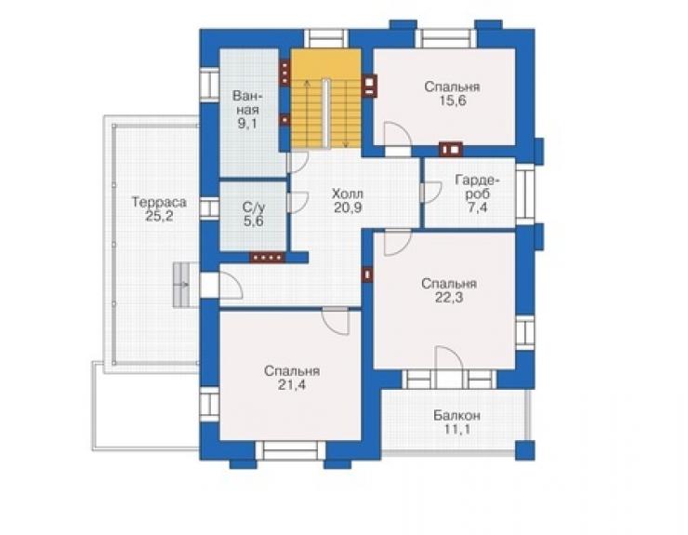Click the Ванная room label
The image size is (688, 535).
point(247,102)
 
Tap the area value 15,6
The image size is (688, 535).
point(453,101)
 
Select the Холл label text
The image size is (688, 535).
point(347,194)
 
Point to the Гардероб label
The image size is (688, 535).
point(477,187)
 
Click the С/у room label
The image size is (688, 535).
point(253,207)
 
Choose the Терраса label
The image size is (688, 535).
point(159,202)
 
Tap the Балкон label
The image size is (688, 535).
point(456,415)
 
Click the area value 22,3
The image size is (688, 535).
point(449,298)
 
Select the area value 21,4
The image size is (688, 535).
point(292,385)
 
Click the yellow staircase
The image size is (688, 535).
point(326,99)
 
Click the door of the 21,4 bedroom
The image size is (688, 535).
point(336,321)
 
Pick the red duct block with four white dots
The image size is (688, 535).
point(267,258)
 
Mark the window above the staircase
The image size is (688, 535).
point(325,39)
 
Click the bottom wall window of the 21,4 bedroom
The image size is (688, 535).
point(291,450)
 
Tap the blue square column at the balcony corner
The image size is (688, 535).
point(524,450)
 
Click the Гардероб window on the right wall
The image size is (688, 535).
point(524,194)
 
